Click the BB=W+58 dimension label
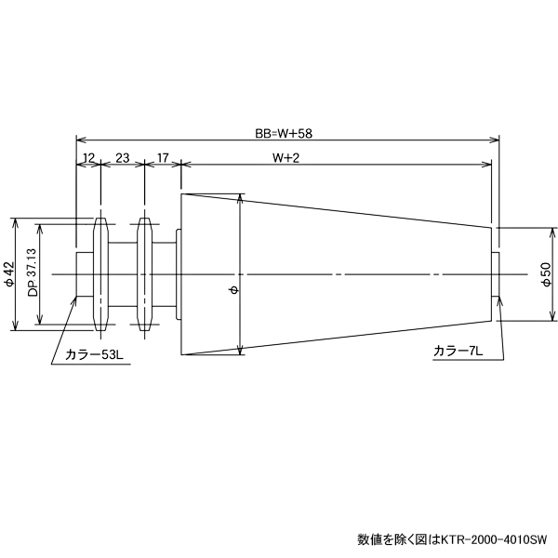point(285,133)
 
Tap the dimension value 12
point(89,158)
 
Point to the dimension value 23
point(122,158)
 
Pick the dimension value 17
point(163,158)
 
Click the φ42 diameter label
point(9,274)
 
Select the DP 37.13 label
point(33,274)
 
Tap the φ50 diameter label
point(546,274)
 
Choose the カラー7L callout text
point(458,351)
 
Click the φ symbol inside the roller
point(232,291)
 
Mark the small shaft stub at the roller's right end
point(496,274)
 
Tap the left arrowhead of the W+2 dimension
point(184,166)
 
